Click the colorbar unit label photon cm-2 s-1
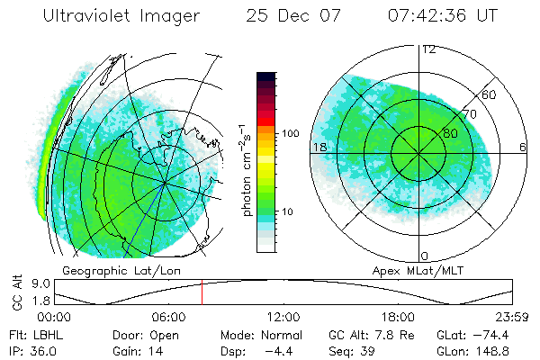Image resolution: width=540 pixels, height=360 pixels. click(x=246, y=167)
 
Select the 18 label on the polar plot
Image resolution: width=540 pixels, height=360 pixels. click(x=318, y=147)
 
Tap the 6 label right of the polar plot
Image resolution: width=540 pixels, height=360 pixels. click(x=523, y=147)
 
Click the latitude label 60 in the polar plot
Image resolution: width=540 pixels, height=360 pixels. click(x=490, y=94)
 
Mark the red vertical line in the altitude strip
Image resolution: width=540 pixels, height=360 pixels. click(x=202, y=292)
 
